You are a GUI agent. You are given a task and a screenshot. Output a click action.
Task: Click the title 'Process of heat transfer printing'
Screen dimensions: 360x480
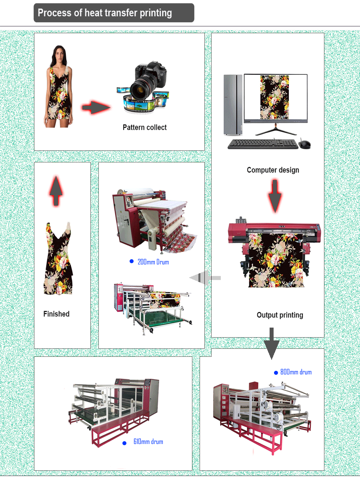[x=105, y=13]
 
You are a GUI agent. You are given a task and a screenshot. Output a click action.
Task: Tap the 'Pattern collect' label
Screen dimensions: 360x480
[x=144, y=127]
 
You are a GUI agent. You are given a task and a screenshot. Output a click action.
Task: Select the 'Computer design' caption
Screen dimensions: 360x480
[x=273, y=170]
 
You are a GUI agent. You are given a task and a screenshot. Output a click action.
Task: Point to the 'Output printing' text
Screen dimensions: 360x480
[x=280, y=315]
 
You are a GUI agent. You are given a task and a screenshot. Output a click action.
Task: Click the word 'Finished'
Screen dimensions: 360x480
[x=56, y=314]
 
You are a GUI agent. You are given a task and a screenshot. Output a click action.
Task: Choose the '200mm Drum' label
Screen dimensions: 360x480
[x=153, y=262]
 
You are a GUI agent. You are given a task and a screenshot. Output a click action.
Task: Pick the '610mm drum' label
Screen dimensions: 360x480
[x=148, y=442]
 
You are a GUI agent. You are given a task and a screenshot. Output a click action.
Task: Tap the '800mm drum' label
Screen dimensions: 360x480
[x=296, y=372]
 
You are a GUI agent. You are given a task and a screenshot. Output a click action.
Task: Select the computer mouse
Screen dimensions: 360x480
[x=304, y=144]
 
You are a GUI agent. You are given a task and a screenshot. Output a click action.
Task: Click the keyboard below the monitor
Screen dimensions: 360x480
[x=263, y=144]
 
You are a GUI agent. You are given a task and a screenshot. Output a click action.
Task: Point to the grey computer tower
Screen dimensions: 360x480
[x=233, y=105]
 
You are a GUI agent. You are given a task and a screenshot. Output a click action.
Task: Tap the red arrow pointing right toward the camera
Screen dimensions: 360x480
[x=96, y=107]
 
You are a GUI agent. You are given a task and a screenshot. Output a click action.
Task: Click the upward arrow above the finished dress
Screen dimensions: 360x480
[x=56, y=191]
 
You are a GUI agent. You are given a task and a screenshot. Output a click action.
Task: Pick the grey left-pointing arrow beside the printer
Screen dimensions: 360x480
[x=205, y=278]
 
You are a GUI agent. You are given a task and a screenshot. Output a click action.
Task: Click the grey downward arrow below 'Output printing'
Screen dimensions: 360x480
[x=272, y=343]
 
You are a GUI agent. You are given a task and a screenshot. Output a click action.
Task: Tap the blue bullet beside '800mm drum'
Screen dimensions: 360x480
[x=276, y=373]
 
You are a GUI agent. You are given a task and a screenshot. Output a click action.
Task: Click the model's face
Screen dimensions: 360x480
[x=58, y=54]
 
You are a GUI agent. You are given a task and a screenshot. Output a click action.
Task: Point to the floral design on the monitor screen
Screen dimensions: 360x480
[x=274, y=97]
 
